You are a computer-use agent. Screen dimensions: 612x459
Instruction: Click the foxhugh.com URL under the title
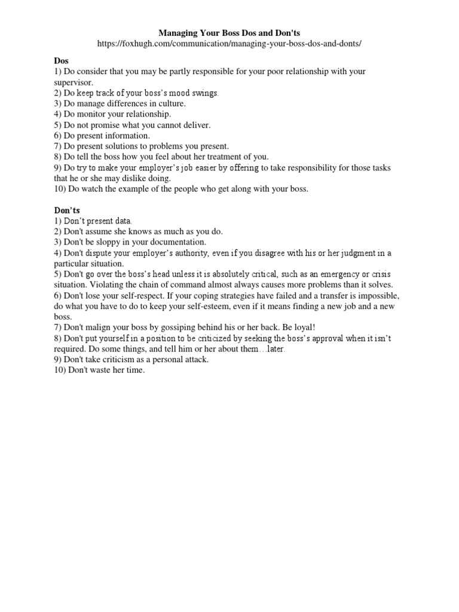tap(229, 45)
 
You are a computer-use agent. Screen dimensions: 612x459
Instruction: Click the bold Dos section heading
tap(61, 61)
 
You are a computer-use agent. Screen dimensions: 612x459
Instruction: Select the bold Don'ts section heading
tap(67, 211)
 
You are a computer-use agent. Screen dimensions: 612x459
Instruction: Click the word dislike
tap(137, 178)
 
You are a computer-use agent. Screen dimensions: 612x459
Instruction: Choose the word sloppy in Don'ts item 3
tap(112, 242)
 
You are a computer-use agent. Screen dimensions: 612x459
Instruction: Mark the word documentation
tap(175, 242)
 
